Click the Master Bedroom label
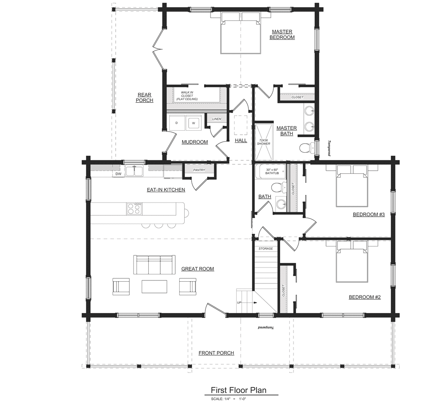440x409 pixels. pyautogui.click(x=282, y=34)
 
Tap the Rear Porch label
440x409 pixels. pyautogui.click(x=144, y=98)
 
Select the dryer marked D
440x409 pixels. pyautogui.click(x=177, y=123)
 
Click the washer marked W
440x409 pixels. pyautogui.click(x=193, y=123)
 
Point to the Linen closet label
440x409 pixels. pyautogui.click(x=217, y=119)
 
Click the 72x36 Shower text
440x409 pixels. pyautogui.click(x=263, y=141)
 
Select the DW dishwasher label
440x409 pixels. pyautogui.click(x=119, y=174)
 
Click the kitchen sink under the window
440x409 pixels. pyautogui.click(x=134, y=171)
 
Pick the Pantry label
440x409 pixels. pyautogui.click(x=199, y=170)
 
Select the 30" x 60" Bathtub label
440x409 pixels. pyautogui.click(x=272, y=171)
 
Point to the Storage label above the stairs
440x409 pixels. pyautogui.click(x=266, y=249)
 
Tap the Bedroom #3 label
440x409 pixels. pyautogui.click(x=369, y=215)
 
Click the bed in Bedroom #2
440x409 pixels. pyautogui.click(x=352, y=261)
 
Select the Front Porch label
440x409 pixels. pyautogui.click(x=217, y=353)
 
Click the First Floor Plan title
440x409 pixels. pyautogui.click(x=238, y=390)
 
